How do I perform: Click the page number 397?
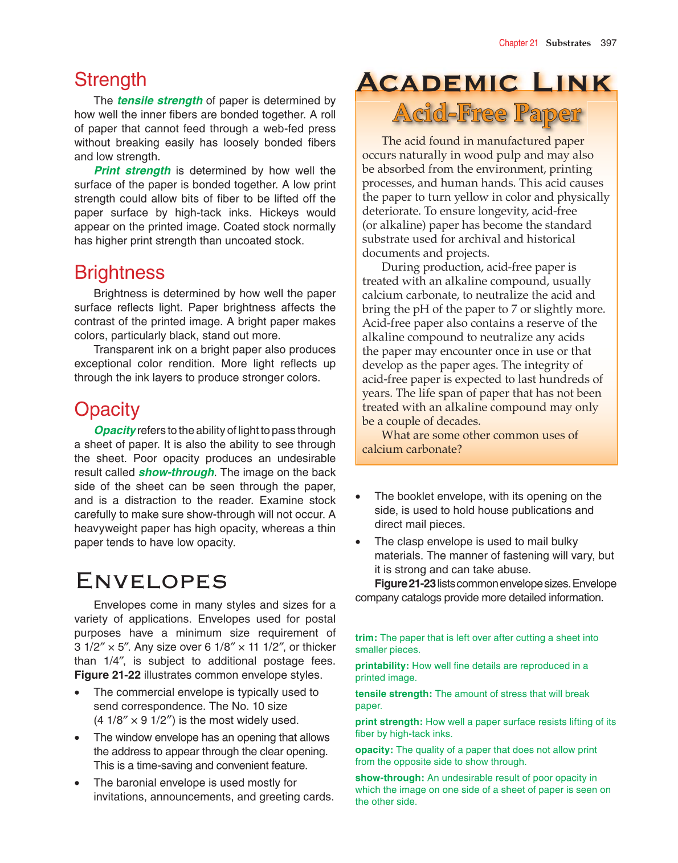pyautogui.click(x=608, y=43)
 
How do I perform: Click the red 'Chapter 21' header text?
pyautogui.click(x=518, y=43)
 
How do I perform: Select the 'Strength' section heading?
pyautogui.click(x=110, y=80)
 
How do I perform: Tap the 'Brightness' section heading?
pyautogui.click(x=119, y=273)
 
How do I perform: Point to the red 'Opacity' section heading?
pyautogui.click(x=107, y=410)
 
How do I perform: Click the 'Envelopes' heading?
pyautogui.click(x=152, y=581)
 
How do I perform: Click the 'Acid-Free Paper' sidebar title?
pyautogui.click(x=487, y=114)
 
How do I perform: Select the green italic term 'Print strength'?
pyautogui.click(x=132, y=171)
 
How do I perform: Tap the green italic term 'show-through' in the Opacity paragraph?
pyautogui.click(x=176, y=472)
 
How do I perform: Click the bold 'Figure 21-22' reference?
pyautogui.click(x=107, y=675)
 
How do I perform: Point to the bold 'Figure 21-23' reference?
pyautogui.click(x=405, y=584)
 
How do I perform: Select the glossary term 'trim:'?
pyautogui.click(x=366, y=638)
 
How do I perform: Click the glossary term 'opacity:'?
pyautogui.click(x=374, y=749)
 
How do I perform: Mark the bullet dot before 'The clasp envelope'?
pyautogui.click(x=358, y=542)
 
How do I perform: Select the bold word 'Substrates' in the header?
pyautogui.click(x=568, y=43)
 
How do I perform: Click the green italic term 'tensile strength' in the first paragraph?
pyautogui.click(x=160, y=100)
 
